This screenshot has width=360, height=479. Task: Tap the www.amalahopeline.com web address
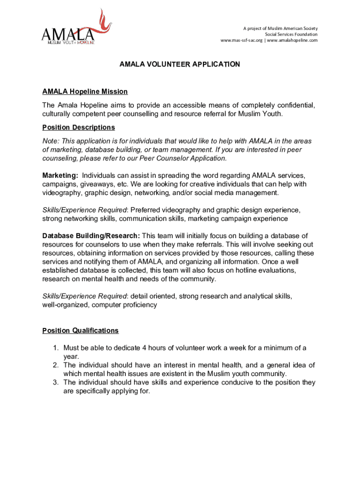point(292,40)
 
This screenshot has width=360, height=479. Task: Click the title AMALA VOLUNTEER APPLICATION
point(180,65)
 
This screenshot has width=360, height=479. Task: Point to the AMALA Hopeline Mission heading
point(85,92)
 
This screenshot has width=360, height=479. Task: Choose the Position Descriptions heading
point(79,127)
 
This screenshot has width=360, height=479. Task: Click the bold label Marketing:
point(60,175)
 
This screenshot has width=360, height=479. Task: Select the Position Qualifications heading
point(80,331)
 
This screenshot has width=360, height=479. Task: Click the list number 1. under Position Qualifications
point(55,348)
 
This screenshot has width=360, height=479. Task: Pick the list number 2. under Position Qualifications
point(55,365)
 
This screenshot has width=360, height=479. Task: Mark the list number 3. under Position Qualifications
point(55,382)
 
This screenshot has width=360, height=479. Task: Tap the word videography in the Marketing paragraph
point(61,193)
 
